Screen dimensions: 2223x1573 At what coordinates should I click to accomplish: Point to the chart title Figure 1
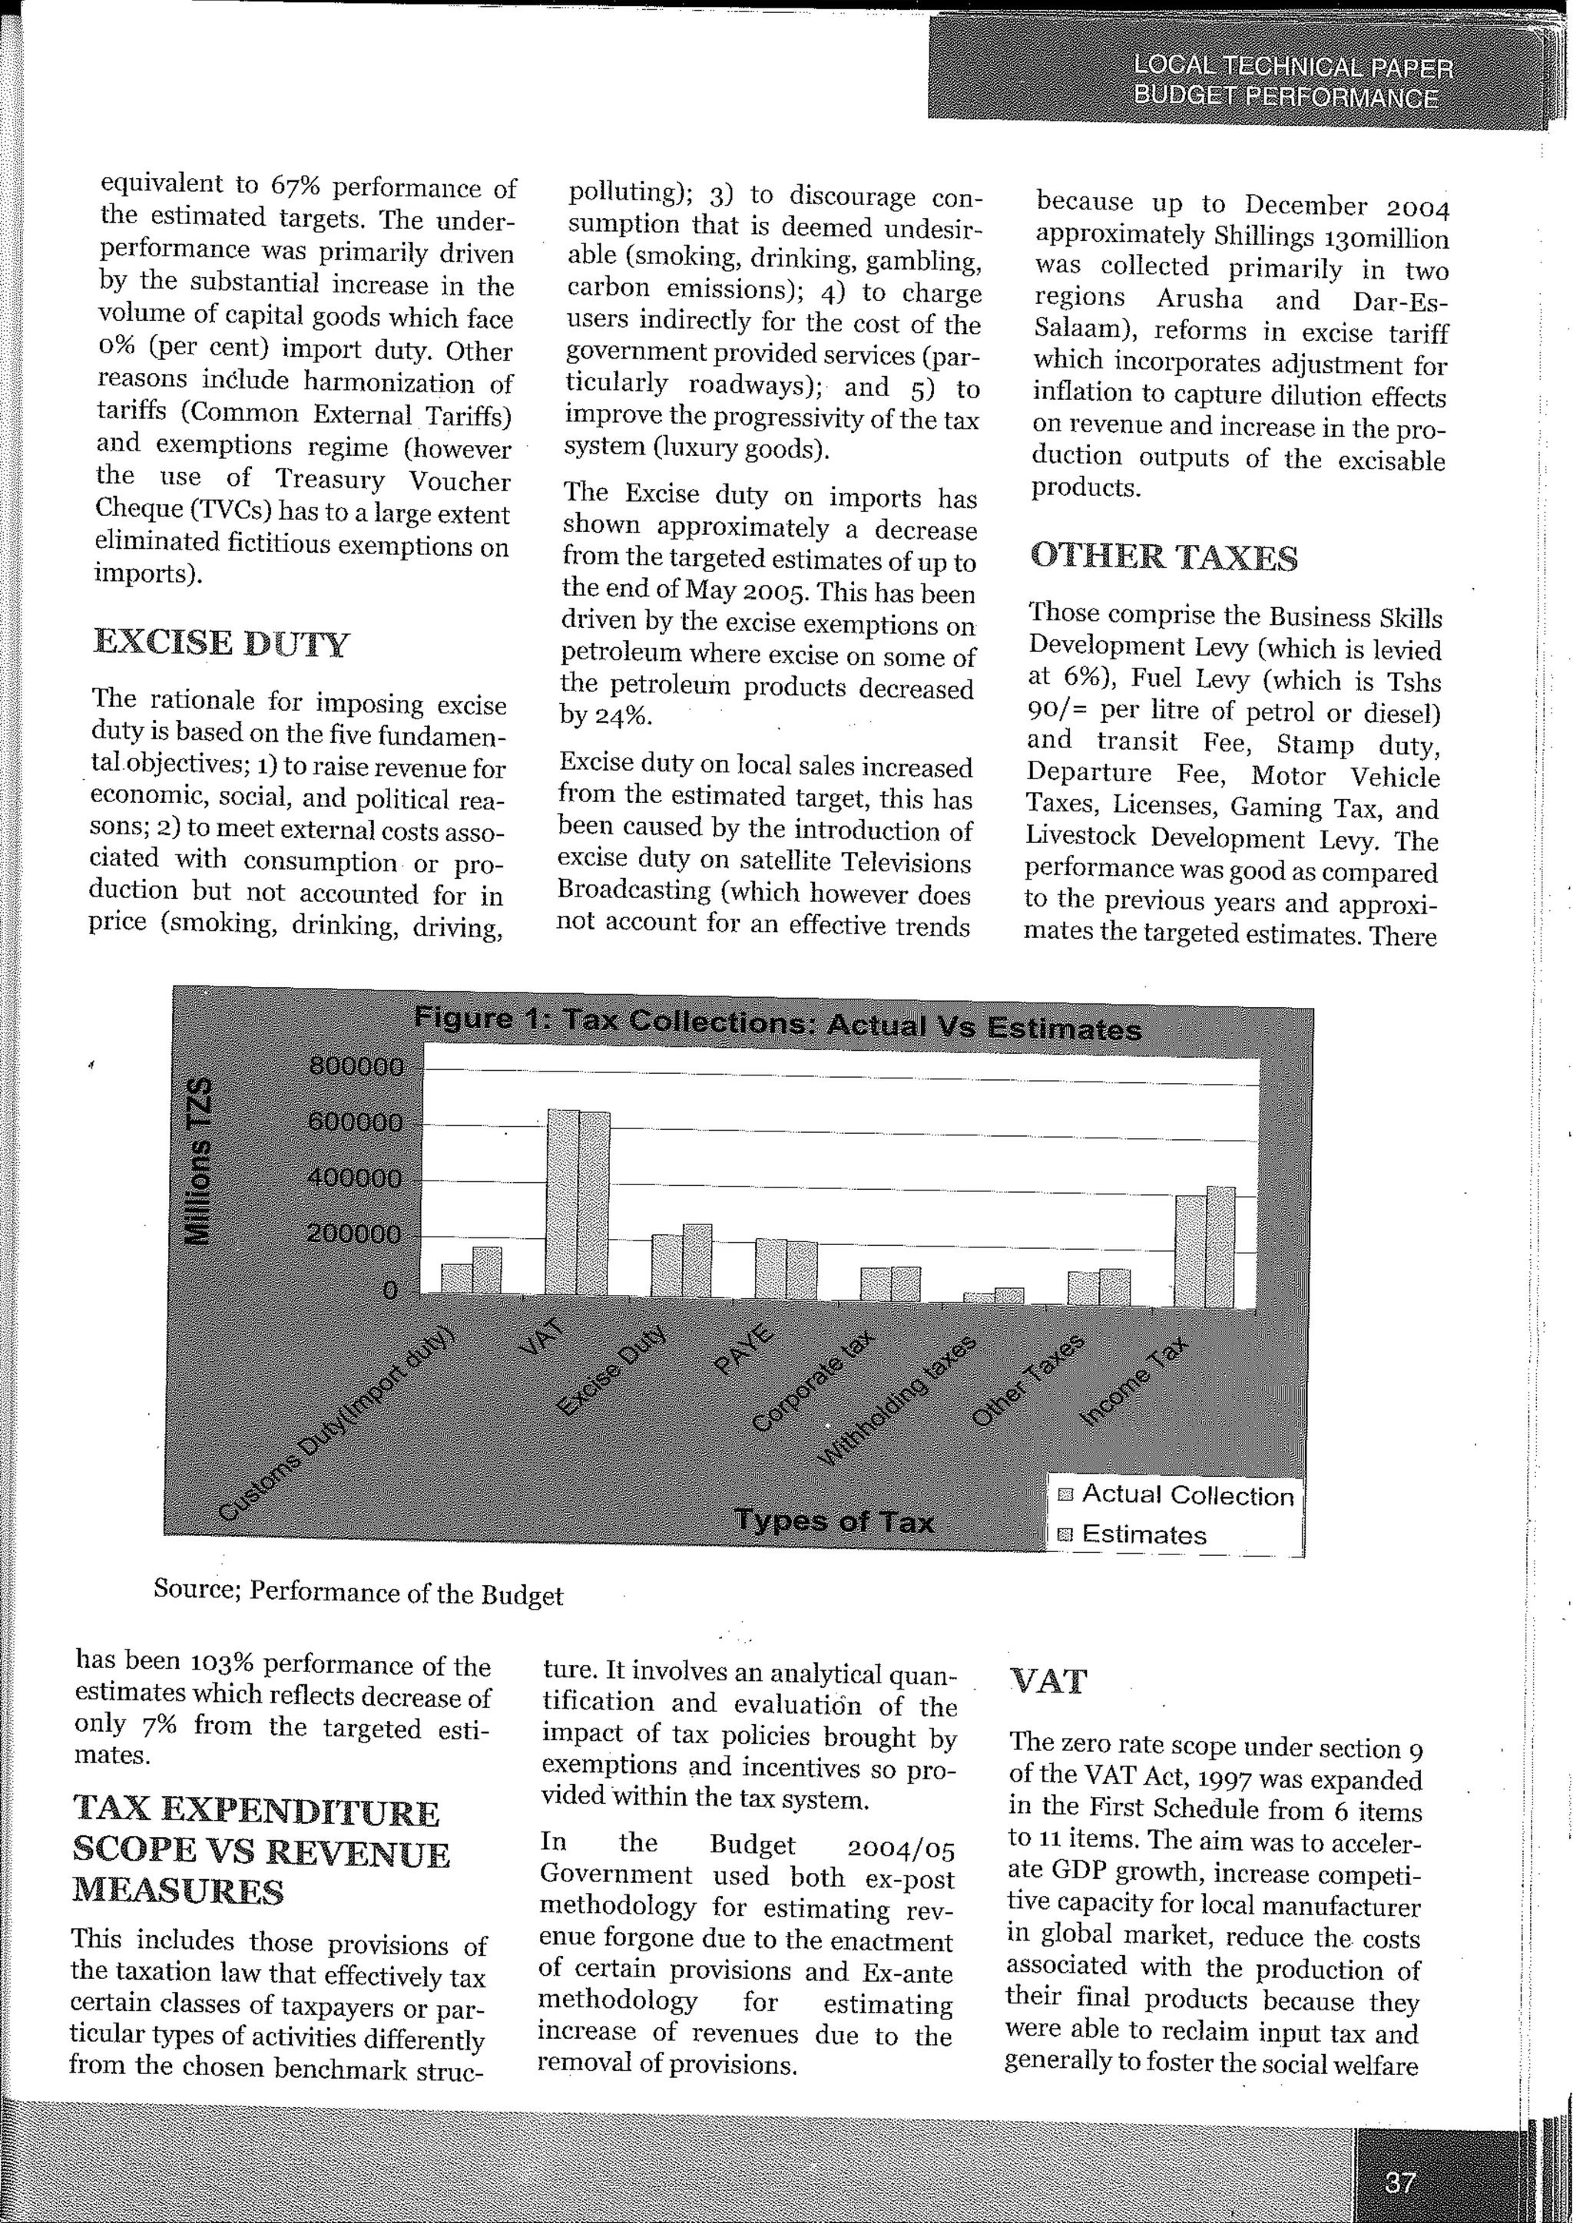click(x=778, y=1023)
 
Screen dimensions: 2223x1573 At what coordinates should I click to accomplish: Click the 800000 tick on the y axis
click(x=356, y=1068)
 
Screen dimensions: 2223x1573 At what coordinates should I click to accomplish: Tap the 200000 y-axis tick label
click(x=356, y=1234)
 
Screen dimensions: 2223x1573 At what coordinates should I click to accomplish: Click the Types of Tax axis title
click(x=834, y=1521)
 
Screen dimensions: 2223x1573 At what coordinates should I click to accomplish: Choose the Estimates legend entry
click(x=1143, y=1534)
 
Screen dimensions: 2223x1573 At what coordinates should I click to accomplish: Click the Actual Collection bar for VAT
click(x=563, y=1201)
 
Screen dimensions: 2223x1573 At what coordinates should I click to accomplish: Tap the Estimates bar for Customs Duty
click(x=486, y=1270)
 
